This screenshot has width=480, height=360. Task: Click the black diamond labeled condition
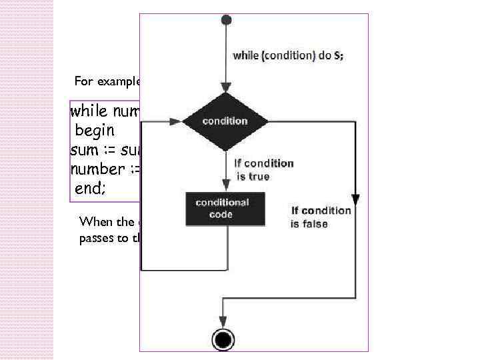(x=225, y=121)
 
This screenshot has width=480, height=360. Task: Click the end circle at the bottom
(x=224, y=341)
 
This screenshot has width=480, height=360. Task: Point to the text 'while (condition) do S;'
(x=288, y=56)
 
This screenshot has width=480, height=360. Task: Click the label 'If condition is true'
(x=263, y=169)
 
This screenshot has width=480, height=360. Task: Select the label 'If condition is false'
(x=320, y=217)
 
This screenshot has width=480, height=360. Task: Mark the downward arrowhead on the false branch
(x=355, y=198)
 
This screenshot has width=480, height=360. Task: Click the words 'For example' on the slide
(x=107, y=82)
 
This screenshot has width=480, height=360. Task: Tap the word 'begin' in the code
(x=95, y=129)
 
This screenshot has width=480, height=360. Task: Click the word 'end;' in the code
(x=89, y=189)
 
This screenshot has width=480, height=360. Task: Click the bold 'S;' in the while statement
(x=338, y=56)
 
